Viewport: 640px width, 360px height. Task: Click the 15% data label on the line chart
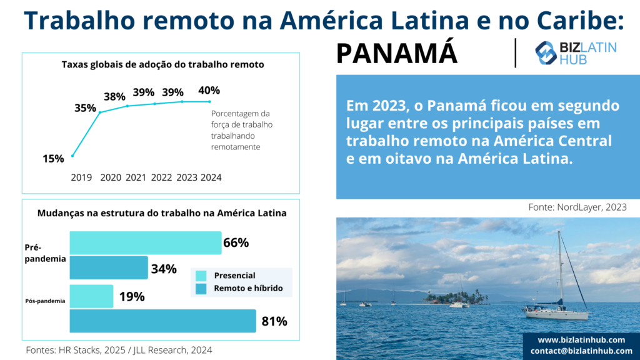pyautogui.click(x=53, y=159)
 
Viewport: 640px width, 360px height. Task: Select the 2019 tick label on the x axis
pyautogui.click(x=81, y=177)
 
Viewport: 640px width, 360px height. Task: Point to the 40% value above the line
pyautogui.click(x=209, y=91)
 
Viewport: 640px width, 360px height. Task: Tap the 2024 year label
pyautogui.click(x=211, y=177)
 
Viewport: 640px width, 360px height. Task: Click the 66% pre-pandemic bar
pyautogui.click(x=145, y=242)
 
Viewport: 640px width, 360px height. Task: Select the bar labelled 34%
pyautogui.click(x=108, y=267)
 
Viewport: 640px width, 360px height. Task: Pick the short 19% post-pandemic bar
pyautogui.click(x=91, y=296)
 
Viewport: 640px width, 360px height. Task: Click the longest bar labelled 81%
pyautogui.click(x=162, y=321)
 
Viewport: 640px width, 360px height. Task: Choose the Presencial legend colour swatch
pyautogui.click(x=201, y=276)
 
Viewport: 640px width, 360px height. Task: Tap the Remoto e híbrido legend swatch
pyautogui.click(x=201, y=289)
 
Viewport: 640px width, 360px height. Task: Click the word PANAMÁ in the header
pyautogui.click(x=397, y=54)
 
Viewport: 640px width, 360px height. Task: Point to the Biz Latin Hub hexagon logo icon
pyautogui.click(x=546, y=53)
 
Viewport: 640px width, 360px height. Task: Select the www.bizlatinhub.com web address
pyautogui.click(x=581, y=339)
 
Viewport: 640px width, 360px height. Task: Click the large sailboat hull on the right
pyautogui.click(x=556, y=314)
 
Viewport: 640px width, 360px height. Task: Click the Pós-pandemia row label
pyautogui.click(x=44, y=301)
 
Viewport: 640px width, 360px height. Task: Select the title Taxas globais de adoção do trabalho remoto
pyautogui.click(x=162, y=64)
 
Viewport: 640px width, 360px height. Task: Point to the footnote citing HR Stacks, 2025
pyautogui.click(x=119, y=350)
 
